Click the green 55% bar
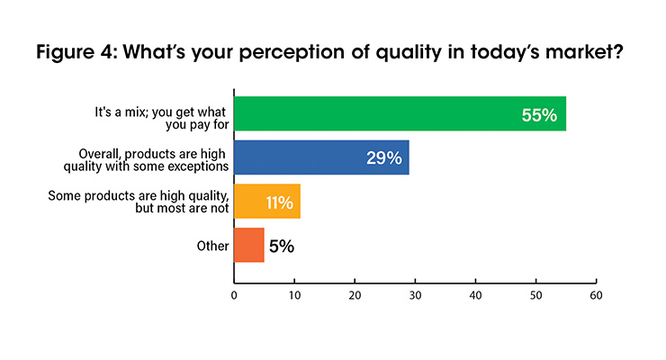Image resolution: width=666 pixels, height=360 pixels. coord(400,113)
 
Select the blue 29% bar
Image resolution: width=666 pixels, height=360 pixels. coord(321,157)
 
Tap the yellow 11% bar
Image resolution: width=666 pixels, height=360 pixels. coord(267,201)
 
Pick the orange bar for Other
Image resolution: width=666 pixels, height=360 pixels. coord(249,245)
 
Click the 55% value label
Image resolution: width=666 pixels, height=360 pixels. coord(539,115)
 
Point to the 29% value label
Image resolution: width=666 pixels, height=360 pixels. coord(384,157)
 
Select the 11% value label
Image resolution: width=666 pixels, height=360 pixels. coord(280,202)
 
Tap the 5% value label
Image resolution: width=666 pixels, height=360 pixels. coord(282,247)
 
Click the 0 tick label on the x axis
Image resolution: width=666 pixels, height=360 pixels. coord(234,295)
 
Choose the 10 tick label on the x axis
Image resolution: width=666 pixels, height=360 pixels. coord(294,295)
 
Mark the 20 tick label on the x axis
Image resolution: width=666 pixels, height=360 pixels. coord(355,295)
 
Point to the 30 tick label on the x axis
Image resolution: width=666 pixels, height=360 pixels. coord(415,295)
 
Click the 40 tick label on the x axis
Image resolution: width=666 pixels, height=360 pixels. coord(475,295)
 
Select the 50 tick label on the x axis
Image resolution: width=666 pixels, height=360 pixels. coord(535,295)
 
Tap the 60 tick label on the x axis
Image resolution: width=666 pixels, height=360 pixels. coord(596,295)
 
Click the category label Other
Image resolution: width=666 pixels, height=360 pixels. coord(212,246)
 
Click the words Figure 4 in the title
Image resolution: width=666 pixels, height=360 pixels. coord(76,52)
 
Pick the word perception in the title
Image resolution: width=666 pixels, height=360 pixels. coord(292,53)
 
